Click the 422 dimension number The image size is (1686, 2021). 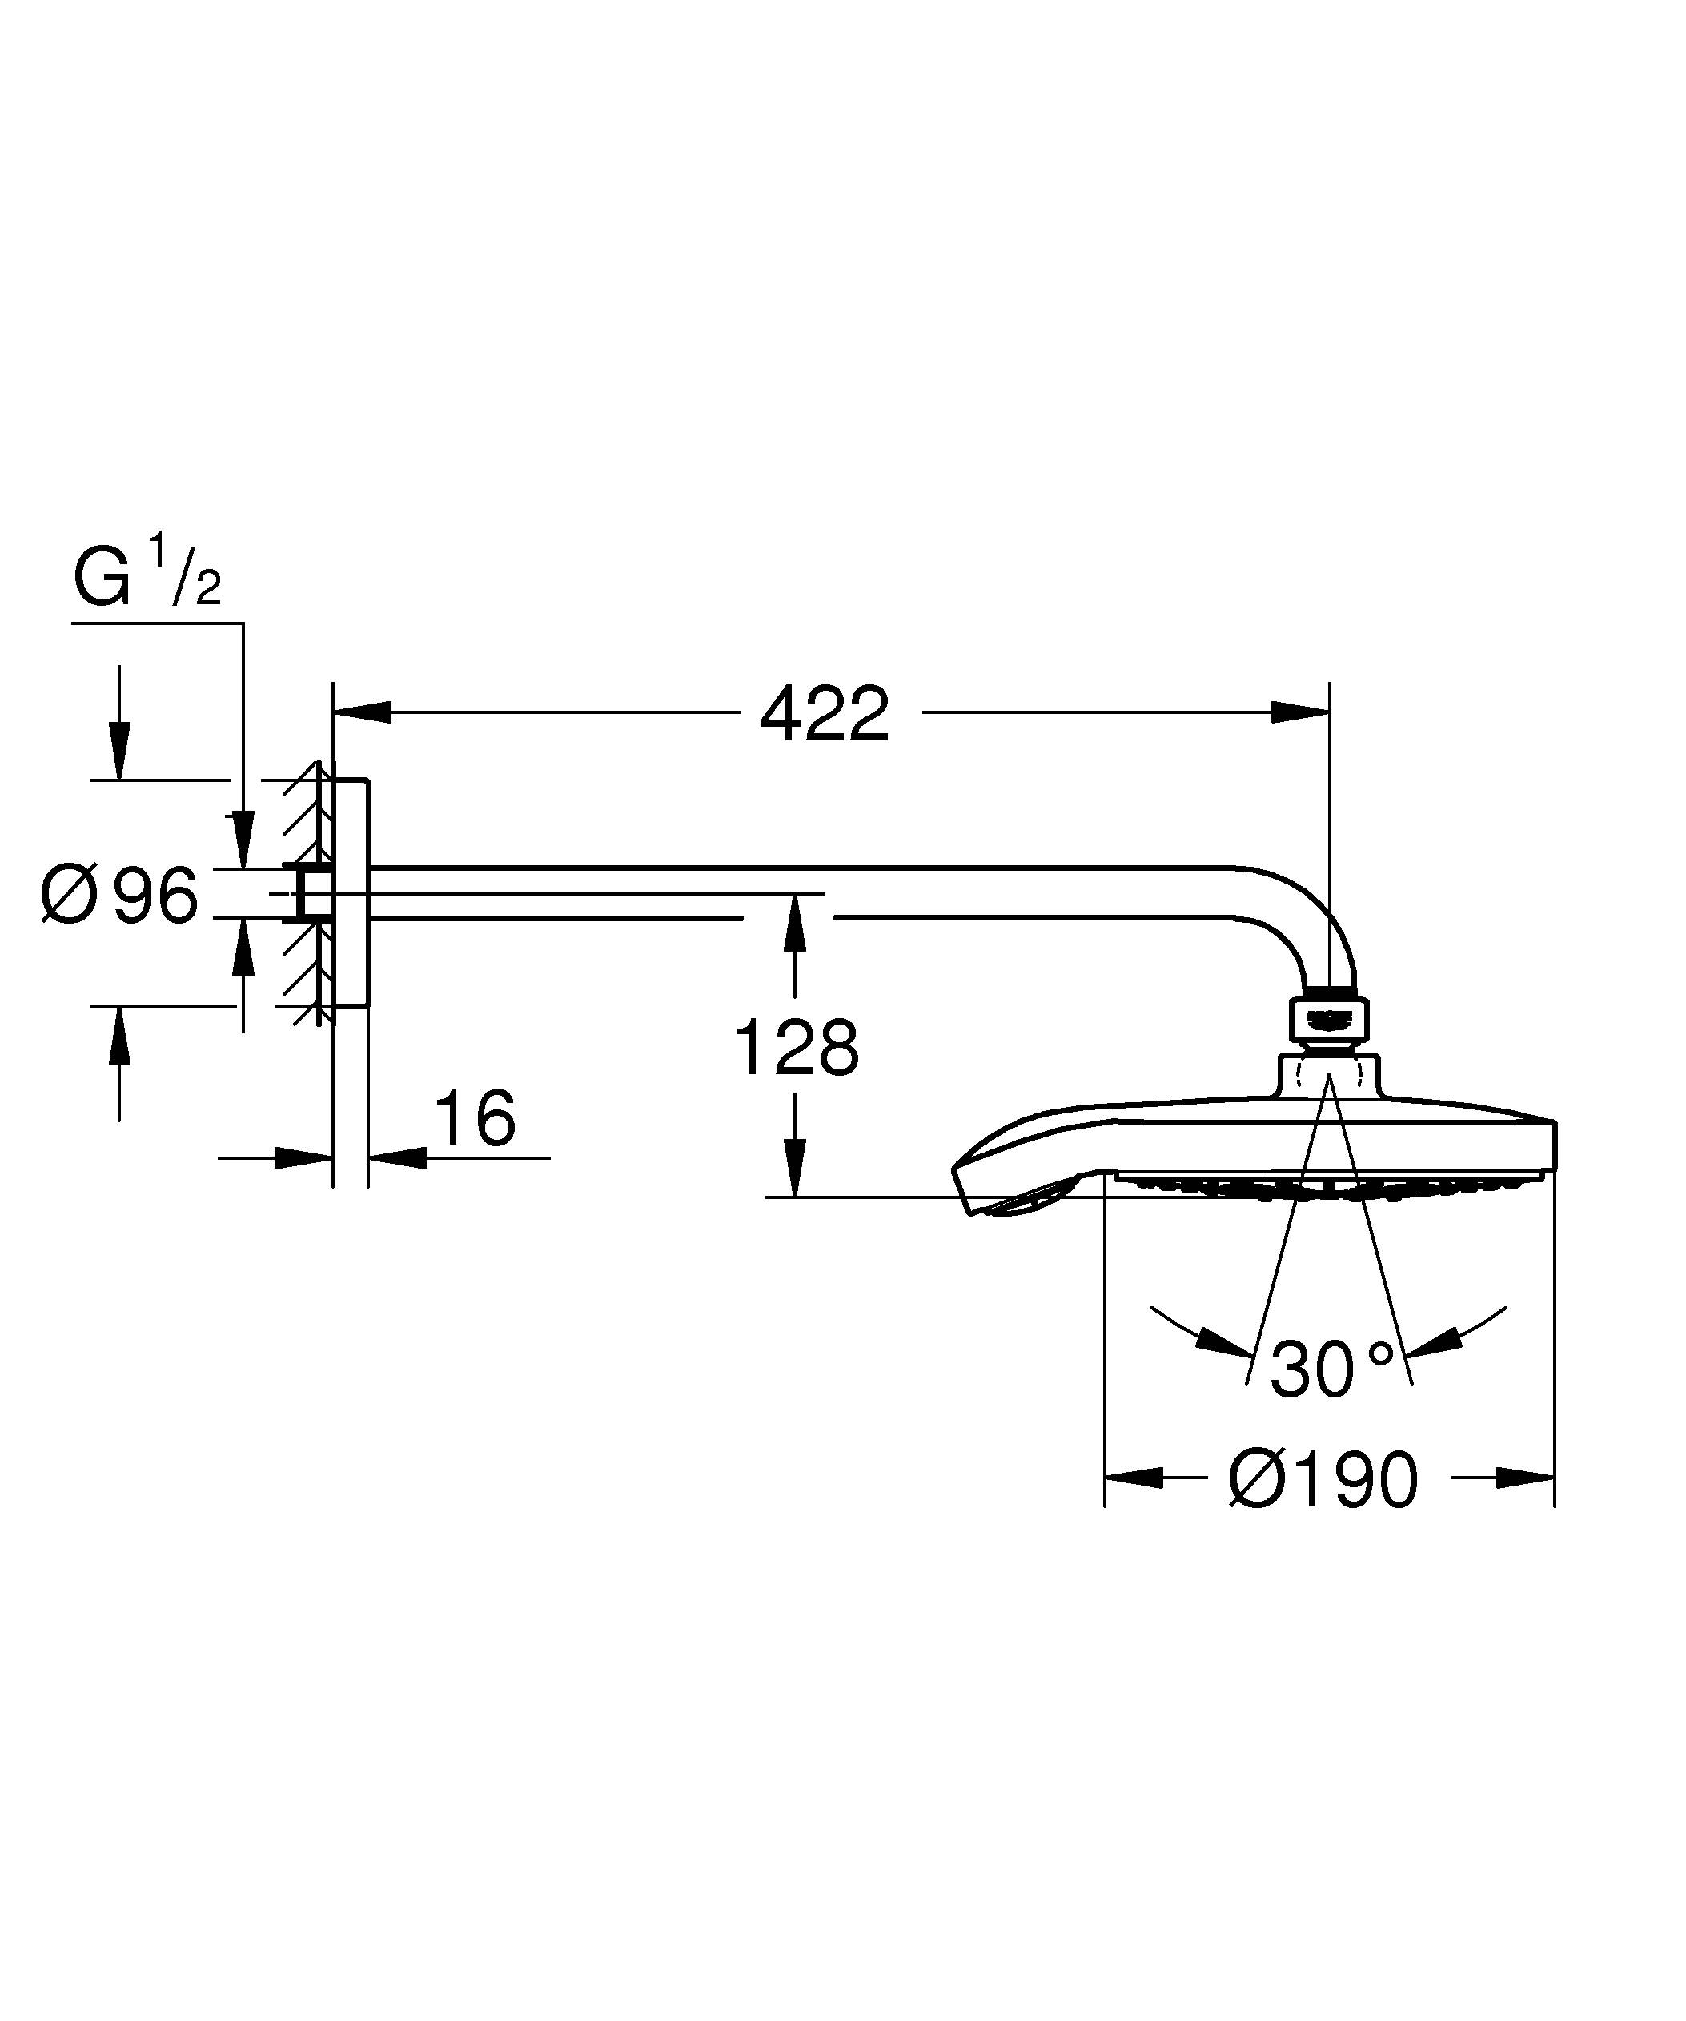[825, 715]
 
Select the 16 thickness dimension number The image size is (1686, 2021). [476, 1118]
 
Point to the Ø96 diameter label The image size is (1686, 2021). [119, 896]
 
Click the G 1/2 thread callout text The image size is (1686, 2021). [147, 581]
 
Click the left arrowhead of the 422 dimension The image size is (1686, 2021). [363, 712]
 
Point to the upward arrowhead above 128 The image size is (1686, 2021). [795, 924]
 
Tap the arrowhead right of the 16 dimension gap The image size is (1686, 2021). [396, 1157]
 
